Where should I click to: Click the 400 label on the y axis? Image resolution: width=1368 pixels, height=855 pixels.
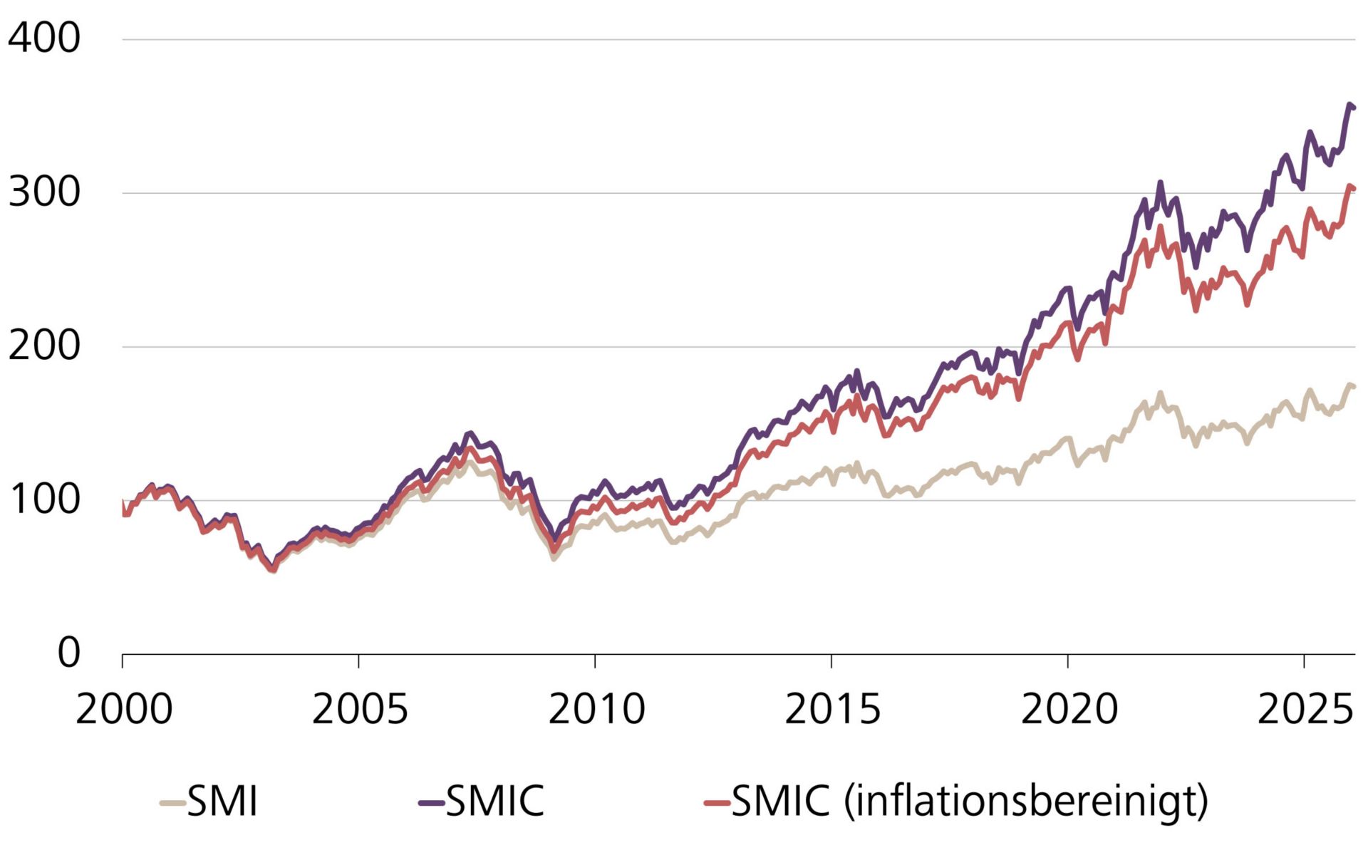[x=44, y=38]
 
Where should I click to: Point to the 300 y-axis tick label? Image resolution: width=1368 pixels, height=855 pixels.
[x=44, y=192]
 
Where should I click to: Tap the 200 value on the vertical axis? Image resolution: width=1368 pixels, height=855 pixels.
[x=44, y=346]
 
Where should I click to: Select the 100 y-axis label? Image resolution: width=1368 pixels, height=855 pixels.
[x=44, y=500]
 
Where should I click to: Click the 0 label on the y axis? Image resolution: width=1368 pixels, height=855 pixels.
[x=68, y=653]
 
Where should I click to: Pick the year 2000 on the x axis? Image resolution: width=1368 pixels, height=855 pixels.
[x=123, y=710]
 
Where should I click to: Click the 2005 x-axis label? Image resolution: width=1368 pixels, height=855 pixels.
[x=360, y=710]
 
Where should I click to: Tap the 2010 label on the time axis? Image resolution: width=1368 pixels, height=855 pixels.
[x=596, y=710]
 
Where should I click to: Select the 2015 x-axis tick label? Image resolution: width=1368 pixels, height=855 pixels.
[x=832, y=710]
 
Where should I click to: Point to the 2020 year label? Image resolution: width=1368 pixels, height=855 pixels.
[x=1069, y=710]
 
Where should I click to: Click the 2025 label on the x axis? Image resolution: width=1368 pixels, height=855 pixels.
[x=1304, y=710]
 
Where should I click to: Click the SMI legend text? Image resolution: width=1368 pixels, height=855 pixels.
[x=222, y=802]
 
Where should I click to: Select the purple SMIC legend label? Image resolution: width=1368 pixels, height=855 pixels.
[x=494, y=802]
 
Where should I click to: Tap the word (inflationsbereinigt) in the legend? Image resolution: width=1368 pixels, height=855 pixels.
[x=1026, y=802]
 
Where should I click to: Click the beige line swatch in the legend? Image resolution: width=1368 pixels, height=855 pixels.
[x=172, y=804]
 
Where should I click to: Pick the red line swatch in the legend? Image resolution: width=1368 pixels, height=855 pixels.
[x=717, y=804]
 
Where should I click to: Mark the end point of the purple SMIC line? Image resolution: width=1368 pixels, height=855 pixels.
[x=1354, y=108]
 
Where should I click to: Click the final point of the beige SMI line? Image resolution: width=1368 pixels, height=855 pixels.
[x=1354, y=387]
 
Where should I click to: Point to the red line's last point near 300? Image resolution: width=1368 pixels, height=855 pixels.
[x=1354, y=189]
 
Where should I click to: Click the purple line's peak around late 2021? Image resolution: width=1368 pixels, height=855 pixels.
[x=1160, y=182]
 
